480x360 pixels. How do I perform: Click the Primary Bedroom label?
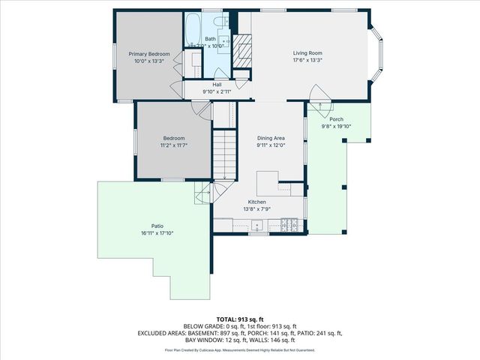pyautogui.click(x=148, y=54)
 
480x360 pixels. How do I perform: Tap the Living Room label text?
pyautogui.click(x=307, y=53)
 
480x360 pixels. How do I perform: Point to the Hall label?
pyautogui.click(x=216, y=85)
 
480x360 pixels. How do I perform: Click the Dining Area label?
pyautogui.click(x=271, y=138)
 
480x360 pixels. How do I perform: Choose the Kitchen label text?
pyautogui.click(x=257, y=202)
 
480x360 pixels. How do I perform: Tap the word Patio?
pyautogui.click(x=157, y=226)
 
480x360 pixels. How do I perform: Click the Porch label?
pyautogui.click(x=336, y=119)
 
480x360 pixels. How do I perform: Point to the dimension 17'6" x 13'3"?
pyautogui.click(x=307, y=61)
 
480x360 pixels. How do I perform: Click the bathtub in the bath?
pyautogui.click(x=193, y=30)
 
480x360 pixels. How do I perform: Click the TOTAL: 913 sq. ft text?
pyautogui.click(x=240, y=319)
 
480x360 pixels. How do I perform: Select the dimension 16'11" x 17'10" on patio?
pyautogui.click(x=157, y=233)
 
